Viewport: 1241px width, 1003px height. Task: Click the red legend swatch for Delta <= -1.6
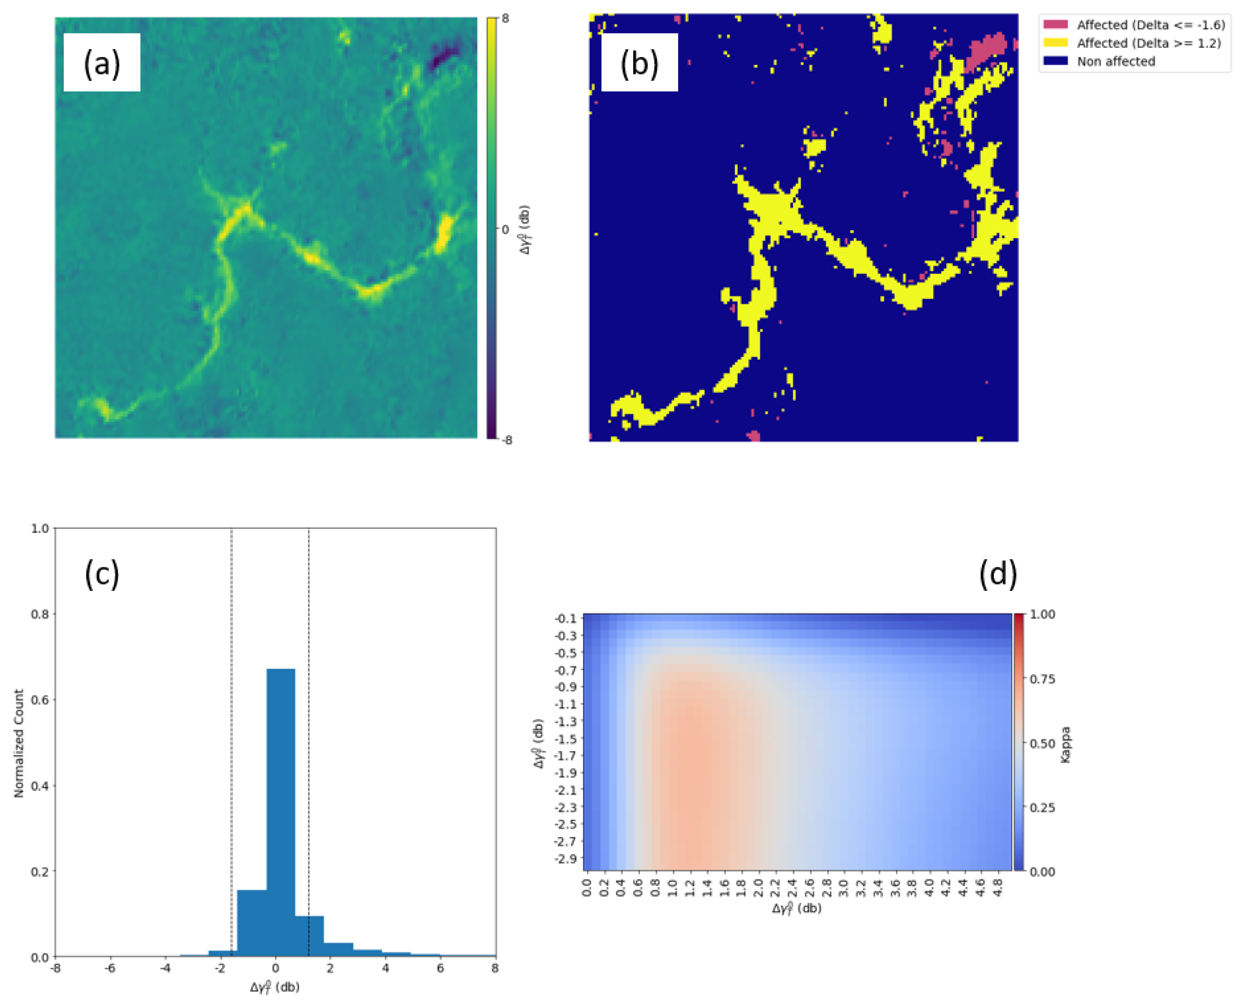(x=1055, y=24)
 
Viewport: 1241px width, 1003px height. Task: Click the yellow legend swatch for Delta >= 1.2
(x=1055, y=43)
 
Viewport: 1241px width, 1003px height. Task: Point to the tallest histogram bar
(x=281, y=809)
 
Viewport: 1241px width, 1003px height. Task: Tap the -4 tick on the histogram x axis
(x=165, y=968)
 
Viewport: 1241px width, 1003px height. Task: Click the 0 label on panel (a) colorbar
(x=505, y=229)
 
